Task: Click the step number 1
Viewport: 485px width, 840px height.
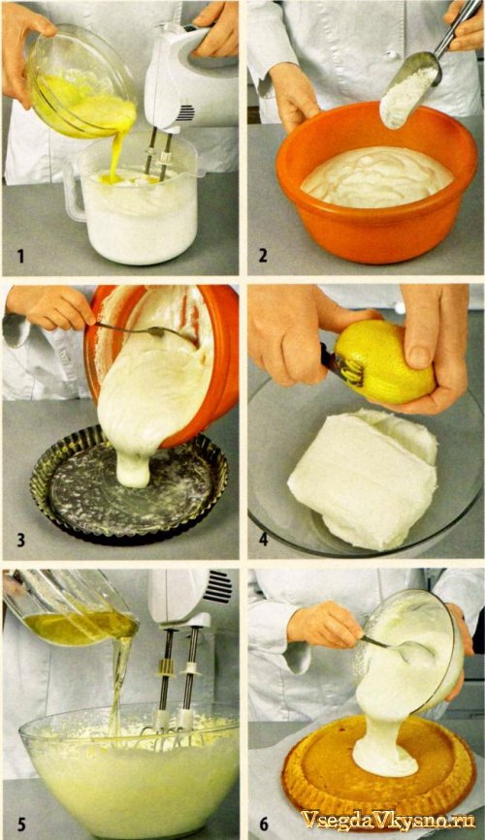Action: [x=20, y=256]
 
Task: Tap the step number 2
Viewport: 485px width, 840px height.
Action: [x=262, y=256]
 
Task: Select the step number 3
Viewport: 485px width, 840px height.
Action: [x=21, y=539]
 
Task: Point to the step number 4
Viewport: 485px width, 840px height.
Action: [x=263, y=539]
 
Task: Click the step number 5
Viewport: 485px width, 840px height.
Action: [x=21, y=823]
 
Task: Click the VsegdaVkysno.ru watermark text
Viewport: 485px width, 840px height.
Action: [x=388, y=821]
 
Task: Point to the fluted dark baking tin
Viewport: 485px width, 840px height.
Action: [x=129, y=484]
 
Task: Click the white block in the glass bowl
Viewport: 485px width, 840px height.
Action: [x=363, y=478]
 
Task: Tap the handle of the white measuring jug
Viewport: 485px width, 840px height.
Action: [x=74, y=190]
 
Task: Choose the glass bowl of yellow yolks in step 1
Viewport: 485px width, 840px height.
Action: [x=81, y=80]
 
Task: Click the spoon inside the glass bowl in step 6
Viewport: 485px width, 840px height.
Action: [x=397, y=648]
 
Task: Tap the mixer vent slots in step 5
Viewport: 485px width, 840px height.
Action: [x=218, y=586]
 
